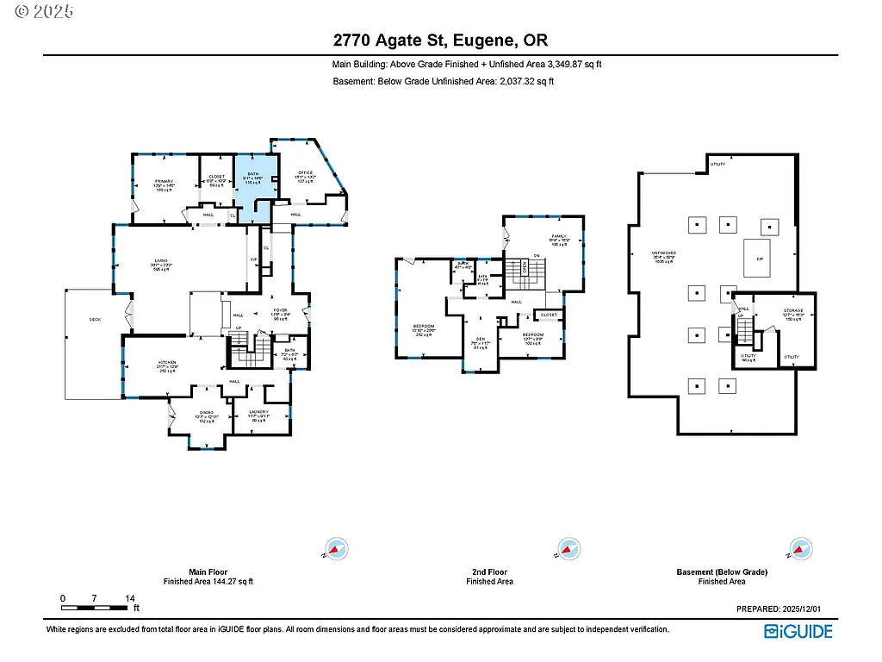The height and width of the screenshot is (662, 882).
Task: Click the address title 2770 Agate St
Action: (x=440, y=40)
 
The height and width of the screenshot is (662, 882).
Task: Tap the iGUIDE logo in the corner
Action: (x=798, y=631)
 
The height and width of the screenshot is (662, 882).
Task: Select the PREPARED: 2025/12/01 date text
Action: (x=785, y=609)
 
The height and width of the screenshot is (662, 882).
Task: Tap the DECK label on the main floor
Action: (x=95, y=319)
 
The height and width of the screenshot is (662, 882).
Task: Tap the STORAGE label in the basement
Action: (x=792, y=310)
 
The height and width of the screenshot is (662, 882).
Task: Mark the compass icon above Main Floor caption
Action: (x=335, y=549)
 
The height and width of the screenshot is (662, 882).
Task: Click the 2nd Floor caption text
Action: (x=489, y=571)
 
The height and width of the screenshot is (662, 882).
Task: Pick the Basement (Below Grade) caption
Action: (x=721, y=571)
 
